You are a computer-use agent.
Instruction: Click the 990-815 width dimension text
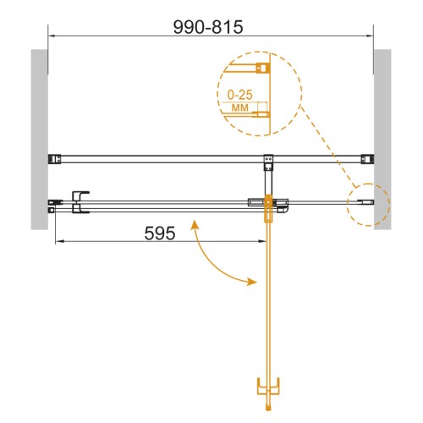208,27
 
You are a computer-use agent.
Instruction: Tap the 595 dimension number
160,233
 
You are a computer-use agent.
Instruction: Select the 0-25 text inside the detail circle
240,95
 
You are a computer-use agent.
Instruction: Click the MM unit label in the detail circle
240,107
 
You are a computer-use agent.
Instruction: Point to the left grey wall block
39,140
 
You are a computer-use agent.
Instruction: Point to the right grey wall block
382,140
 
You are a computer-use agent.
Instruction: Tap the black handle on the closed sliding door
80,202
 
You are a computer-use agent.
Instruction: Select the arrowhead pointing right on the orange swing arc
251,281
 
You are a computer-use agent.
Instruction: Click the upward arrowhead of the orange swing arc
194,225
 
